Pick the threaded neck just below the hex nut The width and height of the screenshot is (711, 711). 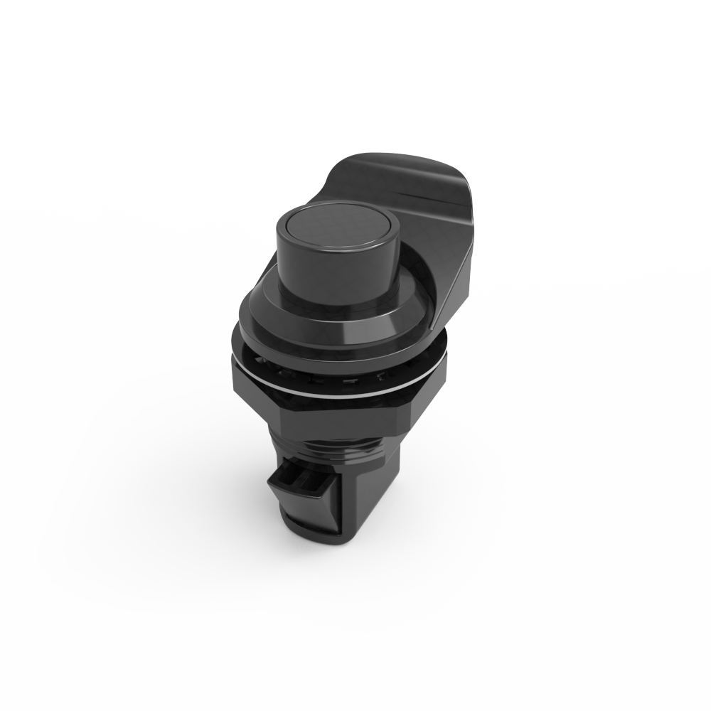pyautogui.click(x=334, y=444)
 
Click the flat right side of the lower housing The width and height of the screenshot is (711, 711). pyautogui.click(x=370, y=498)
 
